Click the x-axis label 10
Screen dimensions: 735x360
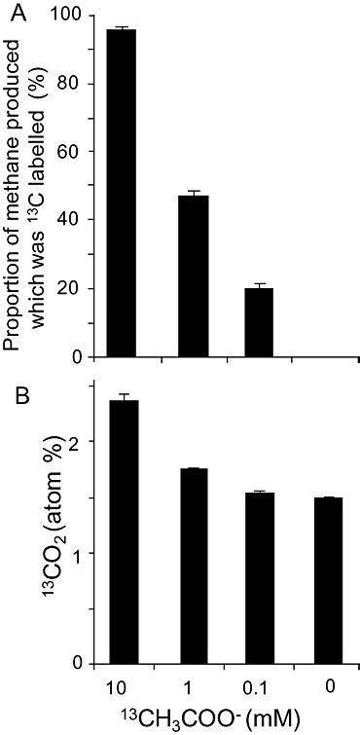click(122, 687)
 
